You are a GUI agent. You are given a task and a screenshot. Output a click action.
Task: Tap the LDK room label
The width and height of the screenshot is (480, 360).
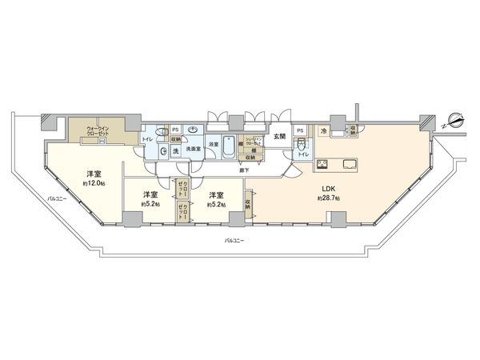click(330, 189)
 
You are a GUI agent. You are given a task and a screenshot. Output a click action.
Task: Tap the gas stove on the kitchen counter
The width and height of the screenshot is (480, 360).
click(322, 165)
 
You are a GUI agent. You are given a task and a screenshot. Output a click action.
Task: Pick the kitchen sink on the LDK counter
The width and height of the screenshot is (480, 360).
click(350, 165)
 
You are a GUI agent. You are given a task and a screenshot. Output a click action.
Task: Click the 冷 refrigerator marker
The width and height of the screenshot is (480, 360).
click(324, 130)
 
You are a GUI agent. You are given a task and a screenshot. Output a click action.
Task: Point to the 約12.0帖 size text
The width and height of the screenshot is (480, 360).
click(94, 182)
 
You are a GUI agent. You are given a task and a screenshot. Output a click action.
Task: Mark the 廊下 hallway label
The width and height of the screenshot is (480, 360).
click(242, 169)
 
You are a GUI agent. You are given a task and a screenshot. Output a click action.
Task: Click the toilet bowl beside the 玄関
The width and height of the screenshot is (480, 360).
click(302, 146)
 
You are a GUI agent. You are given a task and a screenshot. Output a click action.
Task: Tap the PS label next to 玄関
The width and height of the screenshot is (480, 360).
click(299, 130)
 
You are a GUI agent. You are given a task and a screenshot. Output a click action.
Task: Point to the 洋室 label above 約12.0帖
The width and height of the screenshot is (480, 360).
click(94, 174)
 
